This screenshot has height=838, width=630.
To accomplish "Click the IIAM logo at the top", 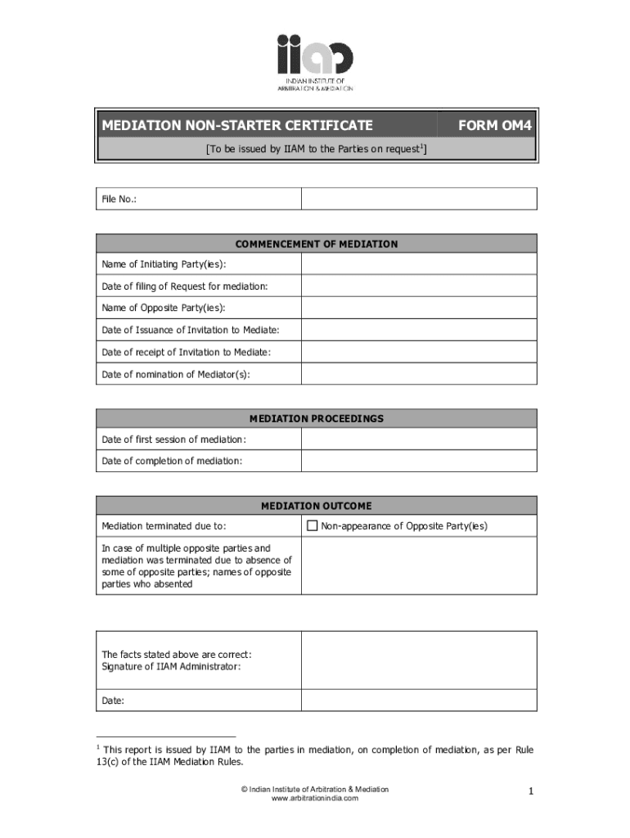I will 315,61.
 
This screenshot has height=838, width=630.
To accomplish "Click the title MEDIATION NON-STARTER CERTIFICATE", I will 237,125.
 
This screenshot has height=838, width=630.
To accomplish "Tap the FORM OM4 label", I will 495,125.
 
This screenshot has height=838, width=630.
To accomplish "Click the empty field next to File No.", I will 418,199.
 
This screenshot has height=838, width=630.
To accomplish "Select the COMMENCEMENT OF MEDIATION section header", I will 317,244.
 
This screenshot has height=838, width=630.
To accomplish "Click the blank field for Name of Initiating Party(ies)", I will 418,264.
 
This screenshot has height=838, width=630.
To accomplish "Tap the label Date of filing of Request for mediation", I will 184,286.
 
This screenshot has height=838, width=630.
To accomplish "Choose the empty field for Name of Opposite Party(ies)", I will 418,309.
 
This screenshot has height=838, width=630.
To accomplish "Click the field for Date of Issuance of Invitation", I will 418,331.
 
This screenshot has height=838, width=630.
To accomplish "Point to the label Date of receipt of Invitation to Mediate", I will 186,353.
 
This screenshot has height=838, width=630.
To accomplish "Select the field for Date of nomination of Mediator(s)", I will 418,375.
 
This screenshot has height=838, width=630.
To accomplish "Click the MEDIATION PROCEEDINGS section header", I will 317,418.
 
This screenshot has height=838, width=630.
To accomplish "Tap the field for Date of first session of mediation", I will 418,440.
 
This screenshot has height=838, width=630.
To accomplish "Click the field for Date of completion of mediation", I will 418,462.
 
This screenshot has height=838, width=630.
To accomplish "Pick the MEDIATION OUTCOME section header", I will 317,506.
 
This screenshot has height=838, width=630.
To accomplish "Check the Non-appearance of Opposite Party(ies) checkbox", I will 312,526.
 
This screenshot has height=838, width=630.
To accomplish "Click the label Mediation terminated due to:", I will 164,526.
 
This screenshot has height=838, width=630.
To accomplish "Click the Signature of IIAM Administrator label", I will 171,667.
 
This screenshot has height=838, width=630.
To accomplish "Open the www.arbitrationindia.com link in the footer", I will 315,799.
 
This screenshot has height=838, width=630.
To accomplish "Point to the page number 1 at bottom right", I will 531,791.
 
